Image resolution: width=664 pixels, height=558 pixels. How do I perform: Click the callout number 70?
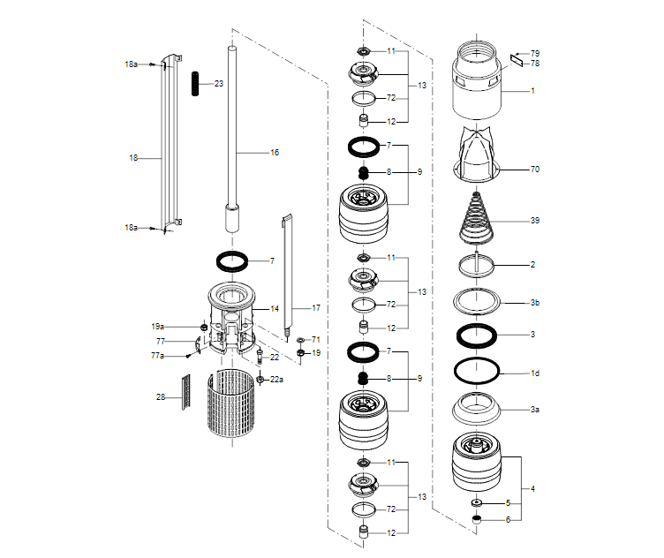click(x=534, y=169)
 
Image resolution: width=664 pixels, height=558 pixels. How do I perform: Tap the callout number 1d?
click(x=534, y=373)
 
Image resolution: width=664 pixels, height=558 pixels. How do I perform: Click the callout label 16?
click(x=275, y=153)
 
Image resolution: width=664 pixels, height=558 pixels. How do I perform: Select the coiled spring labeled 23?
click(x=194, y=83)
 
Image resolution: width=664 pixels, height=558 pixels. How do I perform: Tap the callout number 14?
click(x=275, y=309)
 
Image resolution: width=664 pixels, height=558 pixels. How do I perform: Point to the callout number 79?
click(x=534, y=54)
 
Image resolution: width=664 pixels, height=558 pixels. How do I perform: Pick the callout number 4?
click(x=532, y=488)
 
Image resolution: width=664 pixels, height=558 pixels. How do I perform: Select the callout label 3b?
click(x=534, y=303)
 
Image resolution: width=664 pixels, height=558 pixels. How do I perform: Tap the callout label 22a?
click(x=276, y=380)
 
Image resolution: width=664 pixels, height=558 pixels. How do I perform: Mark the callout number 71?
click(x=315, y=339)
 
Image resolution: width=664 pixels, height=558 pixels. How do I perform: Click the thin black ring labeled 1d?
click(x=477, y=370)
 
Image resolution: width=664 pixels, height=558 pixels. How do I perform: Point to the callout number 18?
click(x=133, y=158)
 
